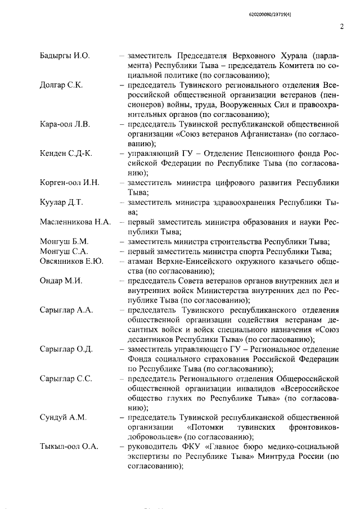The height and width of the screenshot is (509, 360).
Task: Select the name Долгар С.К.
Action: [x=61, y=85]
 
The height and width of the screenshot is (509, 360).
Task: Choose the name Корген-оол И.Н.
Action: [x=70, y=183]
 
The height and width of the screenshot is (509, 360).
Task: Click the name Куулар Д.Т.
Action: [x=62, y=202]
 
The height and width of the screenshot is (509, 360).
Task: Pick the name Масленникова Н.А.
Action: [x=75, y=222]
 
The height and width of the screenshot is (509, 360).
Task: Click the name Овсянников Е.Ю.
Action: [x=71, y=261]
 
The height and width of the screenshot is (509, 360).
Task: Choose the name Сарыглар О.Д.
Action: [x=66, y=349]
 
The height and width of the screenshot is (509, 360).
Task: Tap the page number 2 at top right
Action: [x=341, y=26]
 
